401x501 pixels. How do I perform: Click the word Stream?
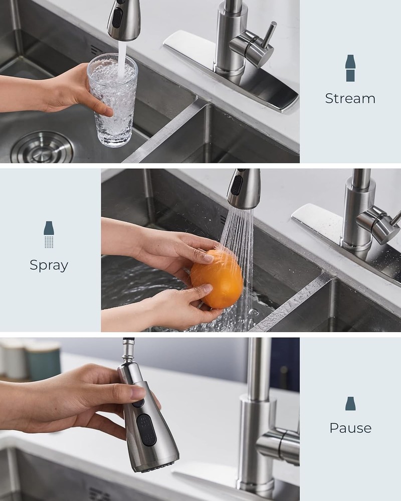[x=350, y=98]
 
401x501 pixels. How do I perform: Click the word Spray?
[x=49, y=265]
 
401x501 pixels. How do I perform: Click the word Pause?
[x=350, y=428]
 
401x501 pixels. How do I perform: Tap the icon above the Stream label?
[x=350, y=68]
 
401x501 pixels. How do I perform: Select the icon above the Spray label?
[x=49, y=234]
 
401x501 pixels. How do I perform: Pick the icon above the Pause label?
[x=350, y=403]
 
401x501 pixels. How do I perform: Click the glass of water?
[x=112, y=100]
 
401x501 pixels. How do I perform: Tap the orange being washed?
[x=217, y=279]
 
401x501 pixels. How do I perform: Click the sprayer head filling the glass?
[x=123, y=20]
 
